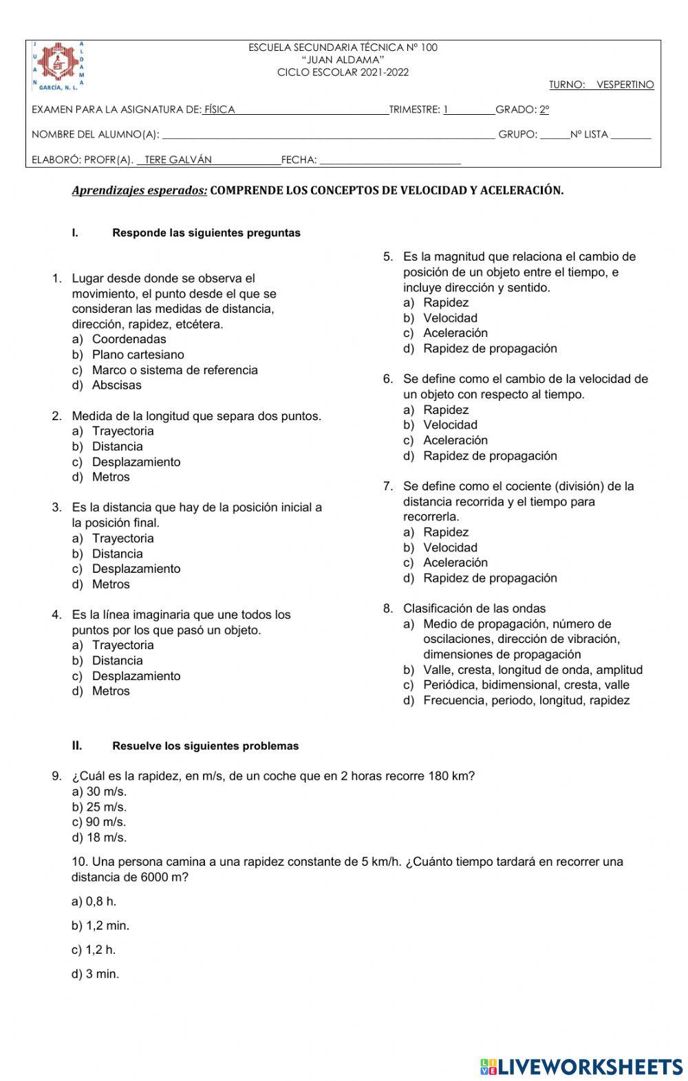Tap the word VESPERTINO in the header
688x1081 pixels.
[x=625, y=85]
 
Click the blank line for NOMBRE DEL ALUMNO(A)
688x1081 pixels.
[x=327, y=135]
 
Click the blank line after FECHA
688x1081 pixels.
[x=390, y=160]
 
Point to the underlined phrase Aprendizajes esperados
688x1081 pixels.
[x=139, y=190]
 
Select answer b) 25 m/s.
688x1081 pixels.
[x=99, y=807]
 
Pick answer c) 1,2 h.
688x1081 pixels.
[x=94, y=950]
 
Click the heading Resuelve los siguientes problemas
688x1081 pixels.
[x=205, y=745]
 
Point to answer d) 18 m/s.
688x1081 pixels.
[x=99, y=838]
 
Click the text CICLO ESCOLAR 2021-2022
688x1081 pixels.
[x=343, y=72]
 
